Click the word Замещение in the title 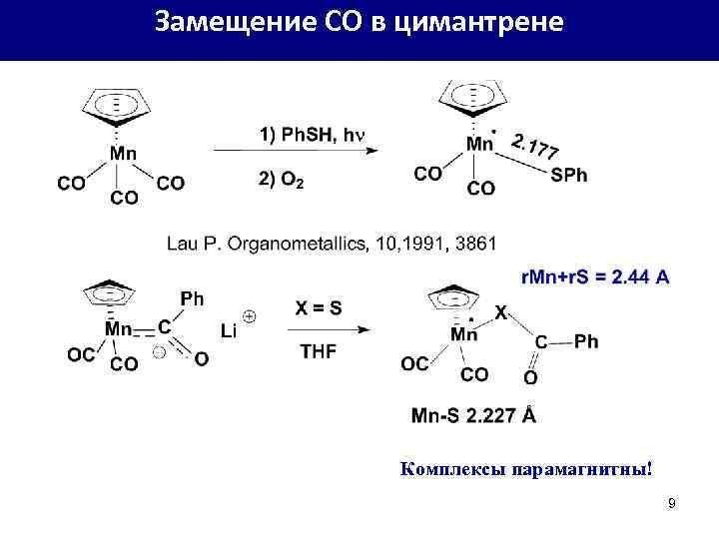pyautogui.click(x=221, y=21)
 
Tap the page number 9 pyautogui.click(x=672, y=503)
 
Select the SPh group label pyautogui.click(x=569, y=176)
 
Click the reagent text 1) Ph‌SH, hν pyautogui.click(x=313, y=135)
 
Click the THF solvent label pyautogui.click(x=319, y=350)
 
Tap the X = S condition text pyautogui.click(x=319, y=308)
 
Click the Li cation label pyautogui.click(x=229, y=332)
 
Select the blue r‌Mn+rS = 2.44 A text pyautogui.click(x=596, y=276)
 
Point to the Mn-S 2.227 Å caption pyautogui.click(x=473, y=415)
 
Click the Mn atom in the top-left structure pyautogui.click(x=123, y=154)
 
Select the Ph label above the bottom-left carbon pyautogui.click(x=192, y=297)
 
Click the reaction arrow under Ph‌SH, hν pyautogui.click(x=294, y=151)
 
